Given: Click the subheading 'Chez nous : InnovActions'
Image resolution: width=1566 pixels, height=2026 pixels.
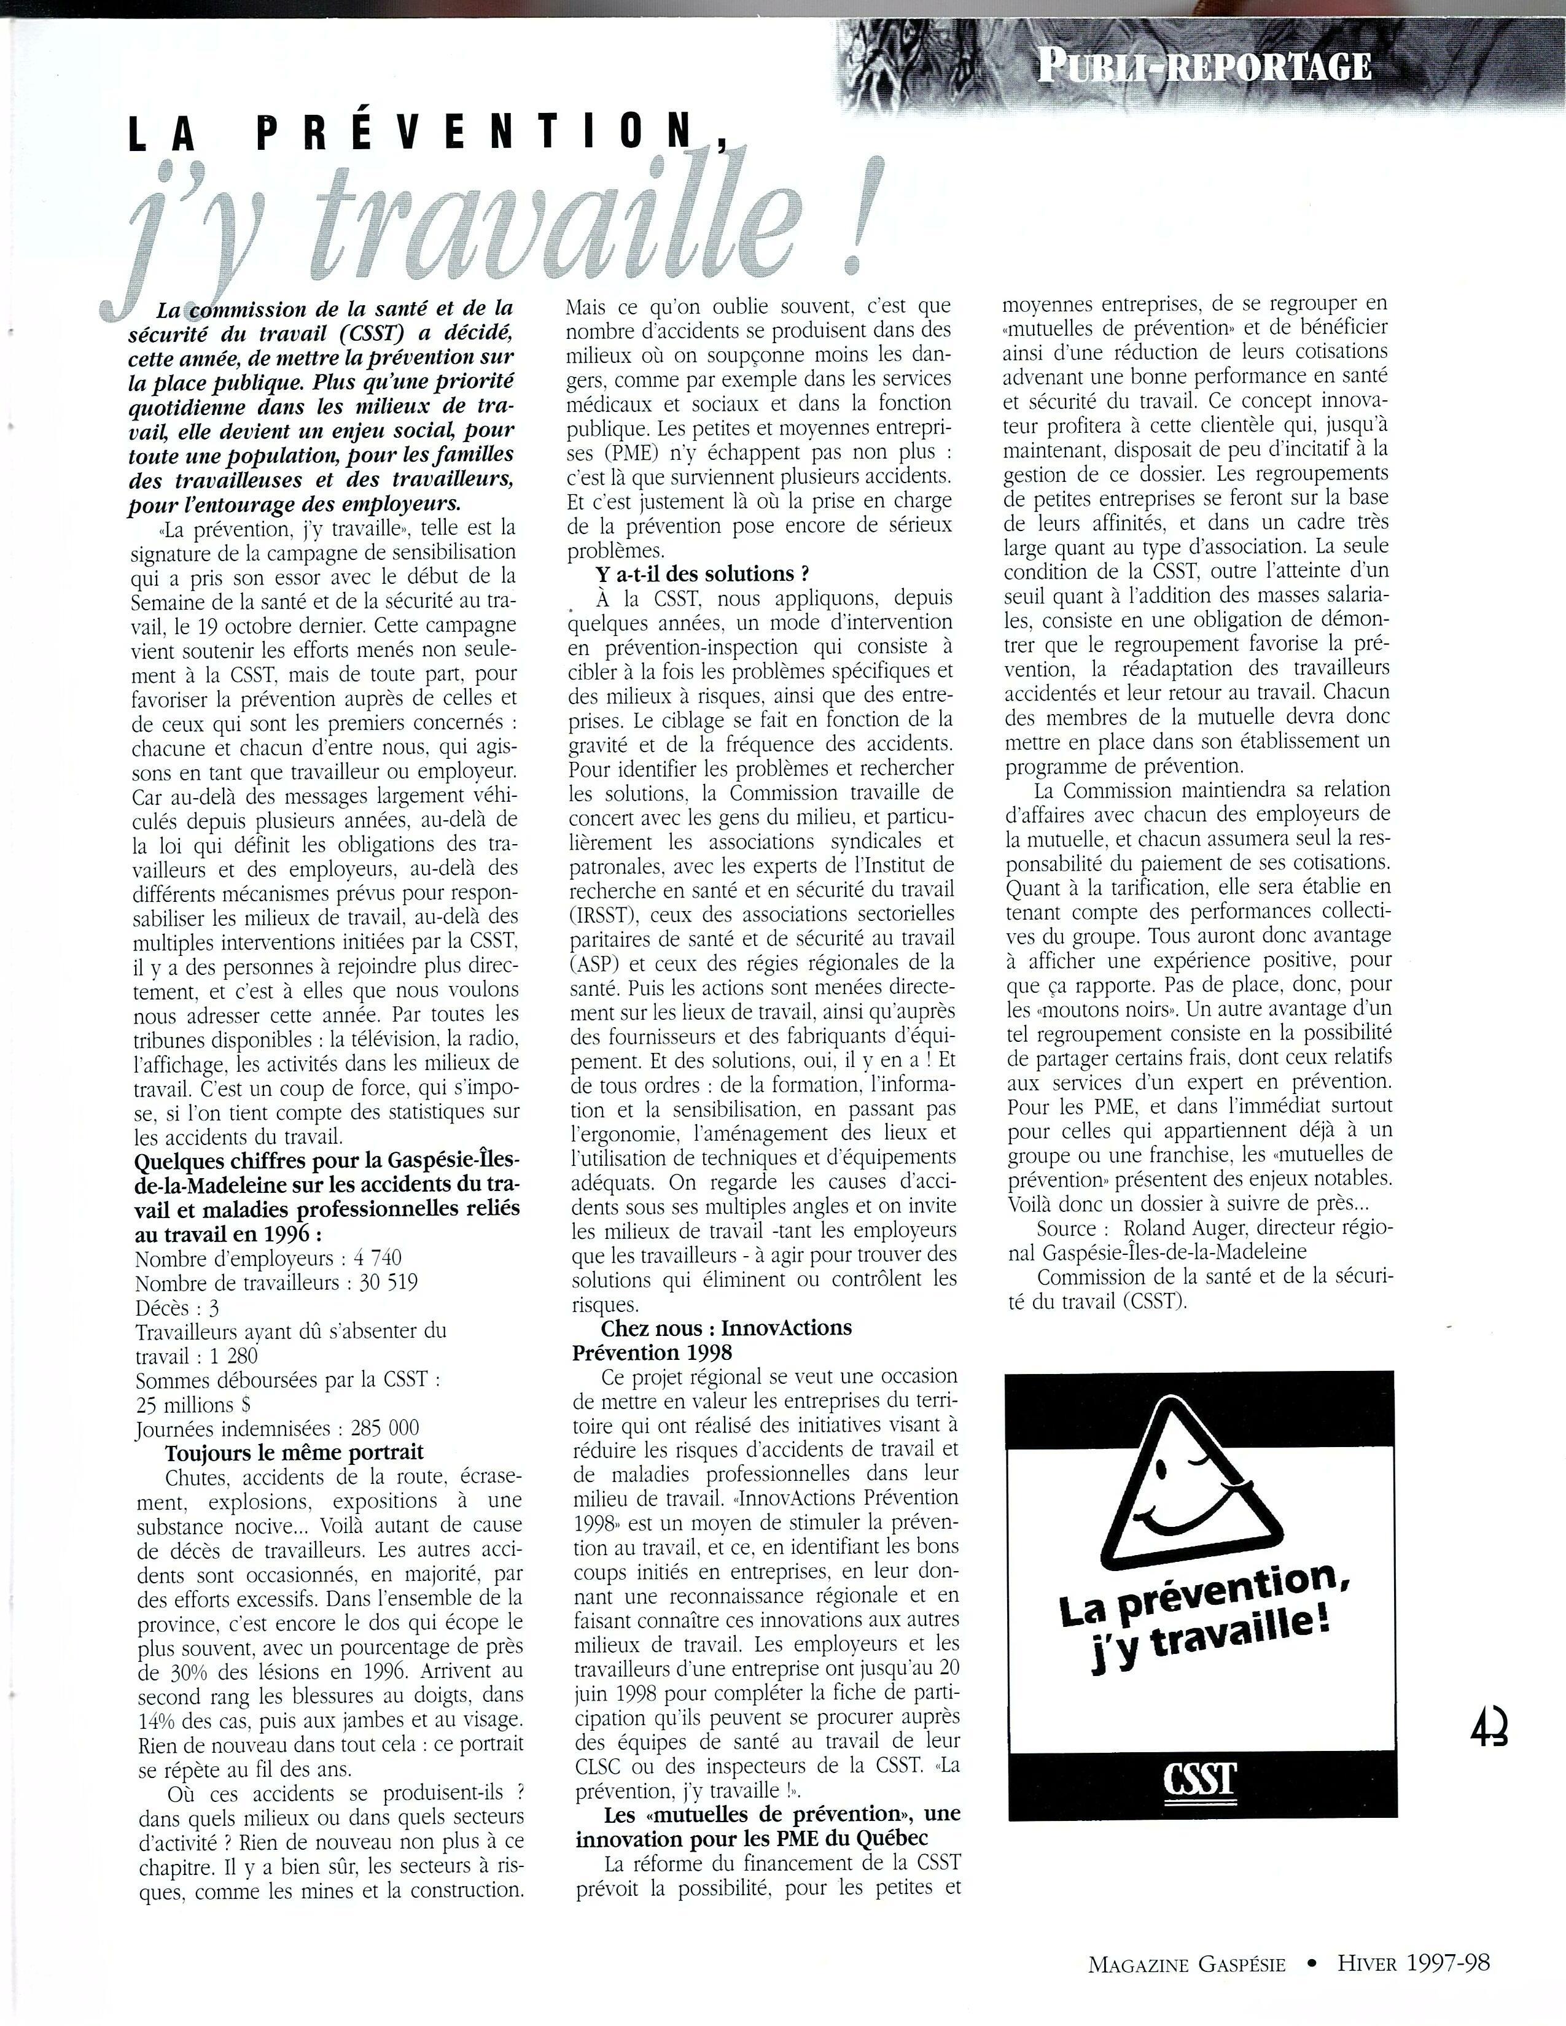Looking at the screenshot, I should (x=727, y=1327).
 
